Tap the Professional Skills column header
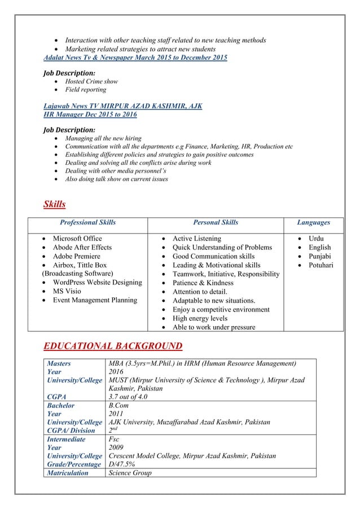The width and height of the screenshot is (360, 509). click(x=88, y=223)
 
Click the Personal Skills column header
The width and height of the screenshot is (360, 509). click(x=215, y=223)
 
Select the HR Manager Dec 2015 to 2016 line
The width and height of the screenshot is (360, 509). click(x=90, y=114)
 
